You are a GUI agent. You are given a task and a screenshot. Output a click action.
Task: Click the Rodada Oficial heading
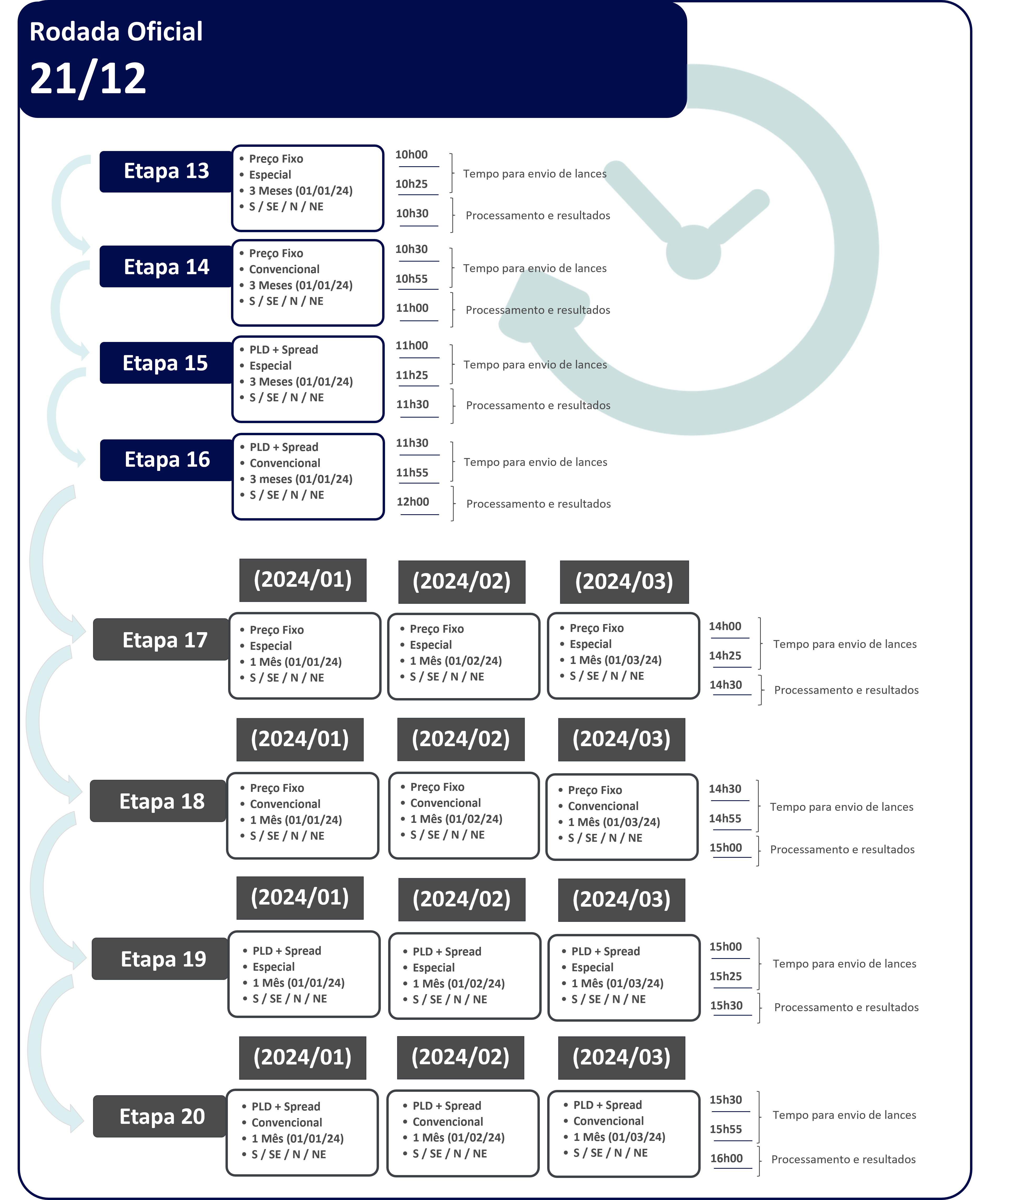point(116,32)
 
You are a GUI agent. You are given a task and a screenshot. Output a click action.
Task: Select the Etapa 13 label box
point(166,172)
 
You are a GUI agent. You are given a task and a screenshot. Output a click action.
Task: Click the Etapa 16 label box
point(167,460)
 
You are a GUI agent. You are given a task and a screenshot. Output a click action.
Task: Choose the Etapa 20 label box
point(160,1116)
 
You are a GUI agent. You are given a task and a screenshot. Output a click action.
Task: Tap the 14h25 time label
point(725,656)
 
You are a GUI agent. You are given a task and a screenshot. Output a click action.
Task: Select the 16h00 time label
point(726,1158)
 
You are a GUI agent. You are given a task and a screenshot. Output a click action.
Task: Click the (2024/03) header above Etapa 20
point(621,1058)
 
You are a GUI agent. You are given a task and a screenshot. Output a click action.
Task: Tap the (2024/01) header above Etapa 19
point(300,898)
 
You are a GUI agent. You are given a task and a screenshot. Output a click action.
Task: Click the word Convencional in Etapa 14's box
point(284,269)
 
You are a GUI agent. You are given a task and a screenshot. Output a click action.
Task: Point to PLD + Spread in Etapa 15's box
point(283,350)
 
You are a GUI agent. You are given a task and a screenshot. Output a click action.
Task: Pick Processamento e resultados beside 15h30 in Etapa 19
point(846,1007)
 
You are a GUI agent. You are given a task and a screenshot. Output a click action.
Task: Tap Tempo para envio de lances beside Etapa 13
point(534,174)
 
